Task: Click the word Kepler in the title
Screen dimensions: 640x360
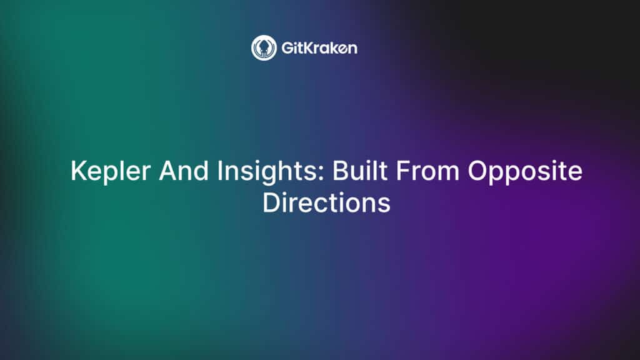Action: pyautogui.click(x=110, y=171)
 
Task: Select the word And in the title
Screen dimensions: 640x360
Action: pyautogui.click(x=184, y=170)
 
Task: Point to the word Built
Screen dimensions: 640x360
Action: pyautogui.click(x=360, y=170)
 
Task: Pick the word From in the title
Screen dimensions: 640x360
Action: pyautogui.click(x=427, y=170)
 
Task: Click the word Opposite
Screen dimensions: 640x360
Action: pyautogui.click(x=525, y=171)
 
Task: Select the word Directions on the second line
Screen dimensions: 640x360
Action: pyautogui.click(x=326, y=202)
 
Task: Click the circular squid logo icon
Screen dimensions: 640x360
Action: pyautogui.click(x=264, y=47)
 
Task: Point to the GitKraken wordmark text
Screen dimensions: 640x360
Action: pyautogui.click(x=319, y=48)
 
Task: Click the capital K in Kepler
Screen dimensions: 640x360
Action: pyautogui.click(x=79, y=170)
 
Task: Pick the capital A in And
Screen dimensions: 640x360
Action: pyautogui.click(x=169, y=170)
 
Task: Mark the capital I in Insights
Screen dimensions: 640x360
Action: pyautogui.click(x=219, y=170)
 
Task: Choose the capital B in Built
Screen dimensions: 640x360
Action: pyautogui.click(x=341, y=170)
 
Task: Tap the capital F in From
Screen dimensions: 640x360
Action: pyautogui.click(x=403, y=170)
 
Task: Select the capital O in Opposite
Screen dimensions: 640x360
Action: pyautogui.click(x=478, y=170)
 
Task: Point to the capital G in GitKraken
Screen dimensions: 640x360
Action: pyautogui.click(x=287, y=48)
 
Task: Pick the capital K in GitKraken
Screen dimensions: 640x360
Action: pyautogui.click(x=311, y=48)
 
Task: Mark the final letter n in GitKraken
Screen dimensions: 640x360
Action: pyautogui.click(x=352, y=50)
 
